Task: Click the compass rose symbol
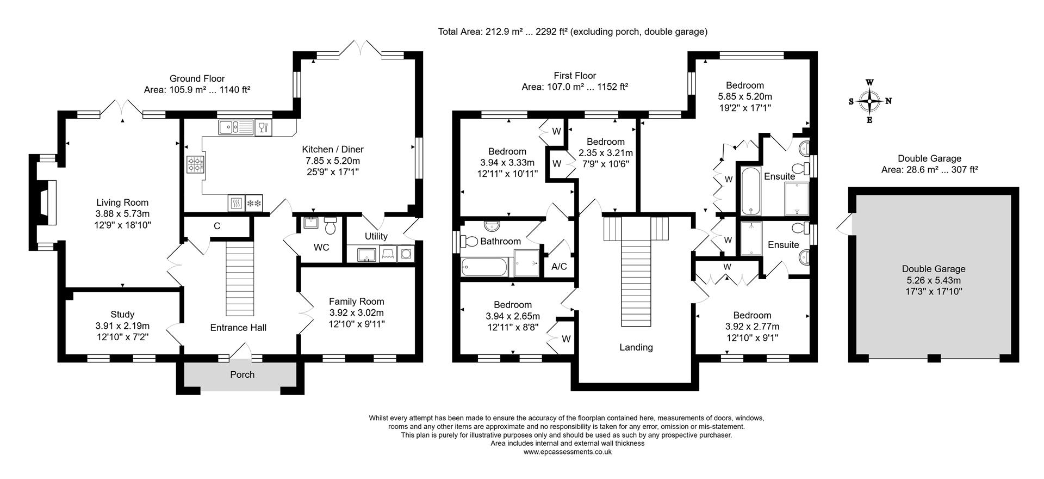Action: coord(870,101)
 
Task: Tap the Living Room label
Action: coord(122,202)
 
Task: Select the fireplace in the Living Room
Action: coord(49,202)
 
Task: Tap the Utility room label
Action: coord(376,236)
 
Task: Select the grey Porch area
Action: coord(242,375)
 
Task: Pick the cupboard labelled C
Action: coord(216,226)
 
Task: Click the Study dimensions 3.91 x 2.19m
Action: coord(122,326)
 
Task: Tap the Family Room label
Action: coord(356,302)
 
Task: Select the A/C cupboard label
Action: coord(558,267)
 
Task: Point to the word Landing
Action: coord(636,347)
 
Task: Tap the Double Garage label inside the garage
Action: coord(933,269)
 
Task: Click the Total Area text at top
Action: coord(573,32)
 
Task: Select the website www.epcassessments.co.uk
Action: coord(567,452)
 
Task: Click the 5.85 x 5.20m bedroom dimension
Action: coord(744,96)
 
